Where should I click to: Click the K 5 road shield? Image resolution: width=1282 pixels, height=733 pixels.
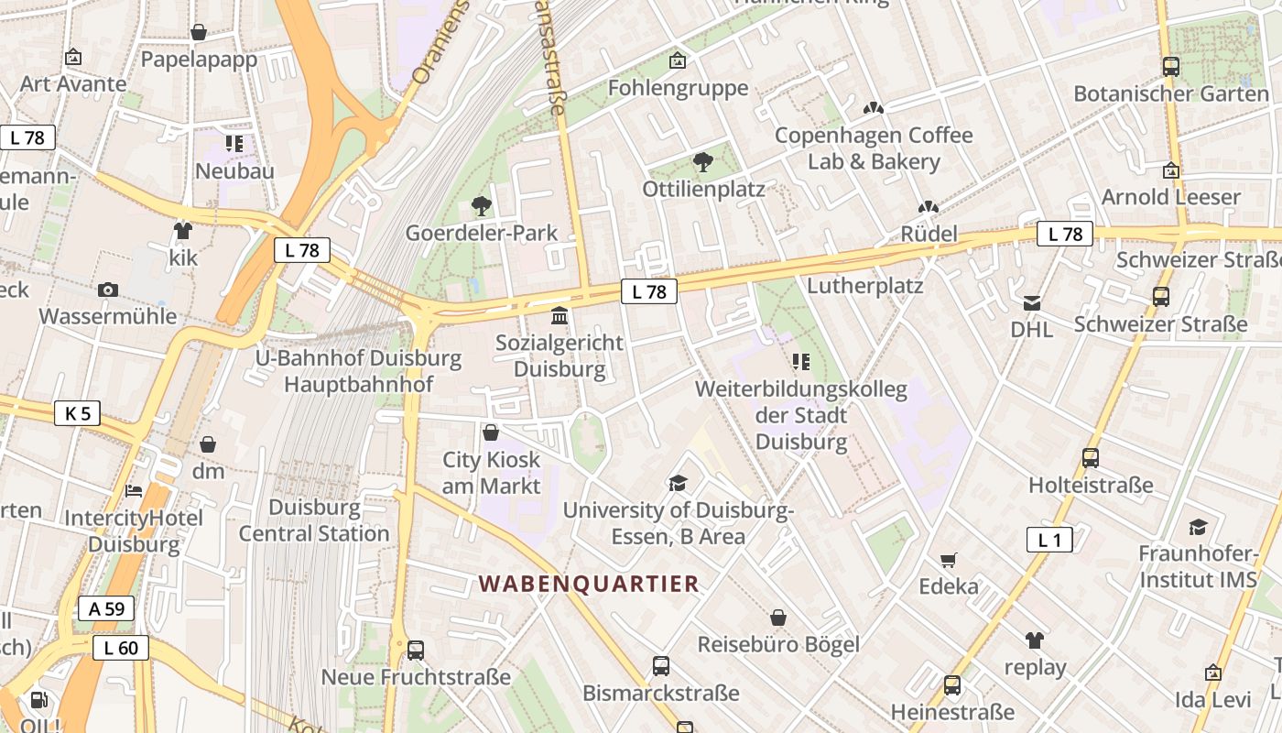pyautogui.click(x=78, y=413)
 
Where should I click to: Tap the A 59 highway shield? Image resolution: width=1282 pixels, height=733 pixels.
pyautogui.click(x=105, y=608)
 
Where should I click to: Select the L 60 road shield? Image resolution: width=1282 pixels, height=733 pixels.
pyautogui.click(x=120, y=649)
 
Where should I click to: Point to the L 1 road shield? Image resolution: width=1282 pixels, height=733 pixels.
pyautogui.click(x=1049, y=540)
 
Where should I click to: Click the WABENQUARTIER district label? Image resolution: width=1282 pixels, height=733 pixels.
pyautogui.click(x=589, y=584)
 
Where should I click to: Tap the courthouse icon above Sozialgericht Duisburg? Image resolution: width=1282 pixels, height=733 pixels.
pyautogui.click(x=559, y=317)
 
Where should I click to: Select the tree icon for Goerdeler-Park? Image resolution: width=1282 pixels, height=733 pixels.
pyautogui.click(x=481, y=206)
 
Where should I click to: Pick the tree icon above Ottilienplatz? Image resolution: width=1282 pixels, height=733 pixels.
pyautogui.click(x=702, y=163)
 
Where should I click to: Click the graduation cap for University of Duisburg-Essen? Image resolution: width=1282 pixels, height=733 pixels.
pyautogui.click(x=678, y=483)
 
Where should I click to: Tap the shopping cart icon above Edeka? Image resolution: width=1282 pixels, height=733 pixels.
pyautogui.click(x=949, y=560)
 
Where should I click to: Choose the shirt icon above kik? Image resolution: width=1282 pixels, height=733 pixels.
pyautogui.click(x=183, y=230)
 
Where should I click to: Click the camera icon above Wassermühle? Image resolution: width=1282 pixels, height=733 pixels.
pyautogui.click(x=108, y=290)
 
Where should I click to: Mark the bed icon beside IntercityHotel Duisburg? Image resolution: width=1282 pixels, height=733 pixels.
pyautogui.click(x=134, y=491)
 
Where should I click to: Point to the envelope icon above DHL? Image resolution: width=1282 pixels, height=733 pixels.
pyautogui.click(x=1032, y=302)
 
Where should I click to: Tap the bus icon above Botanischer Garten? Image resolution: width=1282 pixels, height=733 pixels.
pyautogui.click(x=1170, y=66)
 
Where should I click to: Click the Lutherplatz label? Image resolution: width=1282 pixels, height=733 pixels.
pyautogui.click(x=864, y=286)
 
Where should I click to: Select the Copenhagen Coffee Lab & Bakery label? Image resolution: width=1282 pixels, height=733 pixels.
pyautogui.click(x=874, y=148)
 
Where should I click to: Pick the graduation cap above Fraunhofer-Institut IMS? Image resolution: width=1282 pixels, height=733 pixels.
pyautogui.click(x=1198, y=527)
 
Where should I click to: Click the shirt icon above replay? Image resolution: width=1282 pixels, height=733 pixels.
pyautogui.click(x=1035, y=640)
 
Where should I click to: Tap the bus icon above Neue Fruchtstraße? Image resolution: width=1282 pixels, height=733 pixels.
pyautogui.click(x=416, y=651)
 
